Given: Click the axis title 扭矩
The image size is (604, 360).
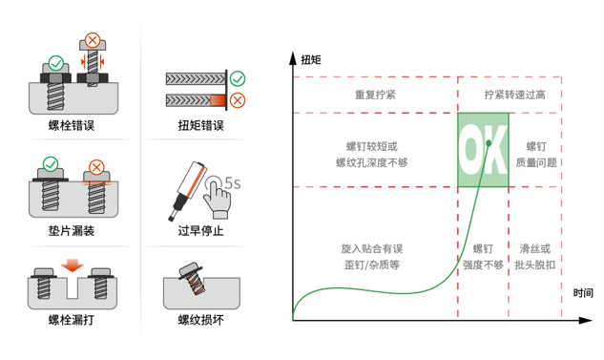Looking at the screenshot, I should pyautogui.click(x=311, y=59).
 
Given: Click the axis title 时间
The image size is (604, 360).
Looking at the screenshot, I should pyautogui.click(x=583, y=292).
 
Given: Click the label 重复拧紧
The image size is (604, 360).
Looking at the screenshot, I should pyautogui.click(x=375, y=95).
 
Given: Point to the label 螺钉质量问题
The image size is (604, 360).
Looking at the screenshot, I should pyautogui.click(x=535, y=155).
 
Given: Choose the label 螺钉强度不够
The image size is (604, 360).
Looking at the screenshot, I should pyautogui.click(x=483, y=256).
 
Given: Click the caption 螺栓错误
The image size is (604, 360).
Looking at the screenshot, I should pyautogui.click(x=73, y=125).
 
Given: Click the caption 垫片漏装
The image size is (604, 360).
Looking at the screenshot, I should pyautogui.click(x=73, y=230).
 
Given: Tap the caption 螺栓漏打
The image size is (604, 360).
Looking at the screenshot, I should pyautogui.click(x=73, y=320).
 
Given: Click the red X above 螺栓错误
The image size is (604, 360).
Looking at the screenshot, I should pyautogui.click(x=93, y=40).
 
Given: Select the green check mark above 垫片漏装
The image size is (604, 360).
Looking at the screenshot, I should pyautogui.click(x=51, y=164).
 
